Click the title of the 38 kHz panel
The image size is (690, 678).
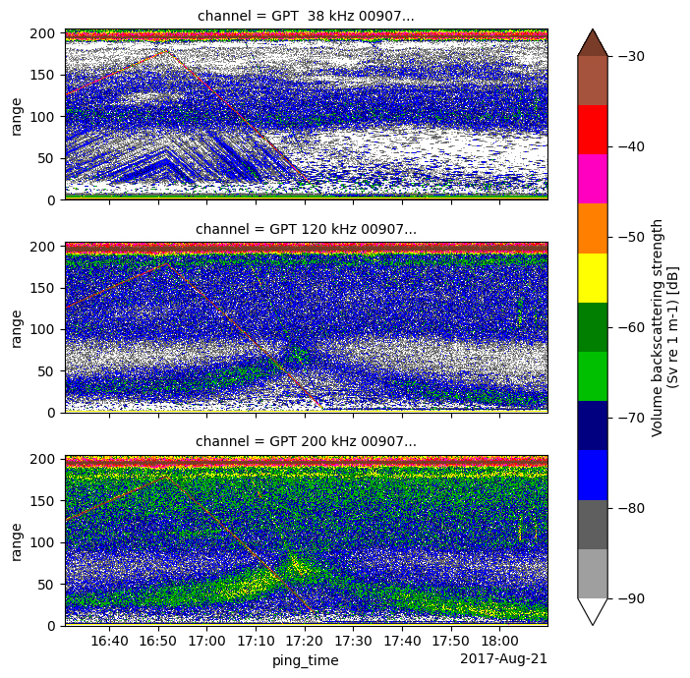(306, 16)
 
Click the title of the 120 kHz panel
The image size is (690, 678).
(306, 229)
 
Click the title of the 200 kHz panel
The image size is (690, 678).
(306, 442)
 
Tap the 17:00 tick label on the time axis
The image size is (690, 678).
(206, 642)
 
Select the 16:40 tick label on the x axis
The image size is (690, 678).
(109, 642)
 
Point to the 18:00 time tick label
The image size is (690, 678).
(499, 642)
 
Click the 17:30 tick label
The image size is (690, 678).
(353, 642)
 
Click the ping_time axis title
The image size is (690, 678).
(306, 660)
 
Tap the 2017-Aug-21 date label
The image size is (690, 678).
(503, 658)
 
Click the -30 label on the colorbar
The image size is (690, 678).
(630, 56)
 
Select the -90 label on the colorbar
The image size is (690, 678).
(630, 597)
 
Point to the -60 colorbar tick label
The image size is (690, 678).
(630, 327)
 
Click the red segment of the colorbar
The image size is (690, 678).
(592, 129)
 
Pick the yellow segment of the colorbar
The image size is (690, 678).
(592, 277)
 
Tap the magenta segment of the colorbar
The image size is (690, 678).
(592, 178)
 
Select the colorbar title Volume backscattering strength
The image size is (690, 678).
(659, 327)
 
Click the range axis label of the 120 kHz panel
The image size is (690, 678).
(16, 328)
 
